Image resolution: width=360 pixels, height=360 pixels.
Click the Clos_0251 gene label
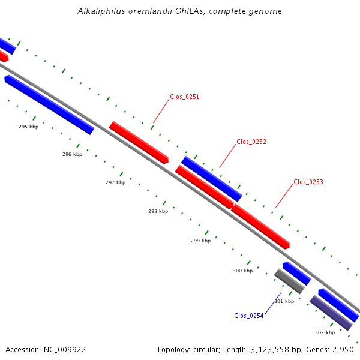(184, 97)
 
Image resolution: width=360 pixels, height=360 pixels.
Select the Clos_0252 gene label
(251, 142)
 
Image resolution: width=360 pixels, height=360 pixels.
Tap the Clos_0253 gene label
(308, 182)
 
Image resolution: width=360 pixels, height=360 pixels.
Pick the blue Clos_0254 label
(249, 316)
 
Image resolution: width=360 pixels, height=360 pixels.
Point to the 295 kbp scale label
(28, 127)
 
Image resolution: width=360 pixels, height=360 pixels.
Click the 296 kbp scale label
(73, 154)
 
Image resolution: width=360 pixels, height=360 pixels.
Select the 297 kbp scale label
(115, 182)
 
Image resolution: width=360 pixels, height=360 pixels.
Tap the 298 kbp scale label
(158, 211)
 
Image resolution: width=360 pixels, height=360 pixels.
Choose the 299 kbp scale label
(200, 241)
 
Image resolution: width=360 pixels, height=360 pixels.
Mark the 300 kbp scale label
(243, 271)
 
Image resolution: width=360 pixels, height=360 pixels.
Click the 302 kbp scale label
(325, 332)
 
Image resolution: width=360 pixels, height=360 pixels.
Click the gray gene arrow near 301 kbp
(289, 281)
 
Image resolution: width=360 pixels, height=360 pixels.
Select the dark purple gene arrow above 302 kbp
(331, 313)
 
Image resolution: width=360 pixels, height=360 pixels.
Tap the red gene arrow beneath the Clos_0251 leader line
(139, 143)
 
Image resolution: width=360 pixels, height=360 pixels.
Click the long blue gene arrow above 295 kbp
(49, 104)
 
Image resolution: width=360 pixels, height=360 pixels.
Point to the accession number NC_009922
(65, 350)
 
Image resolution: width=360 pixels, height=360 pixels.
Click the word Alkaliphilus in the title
(101, 11)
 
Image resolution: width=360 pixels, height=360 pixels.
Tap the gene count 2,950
(343, 350)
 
